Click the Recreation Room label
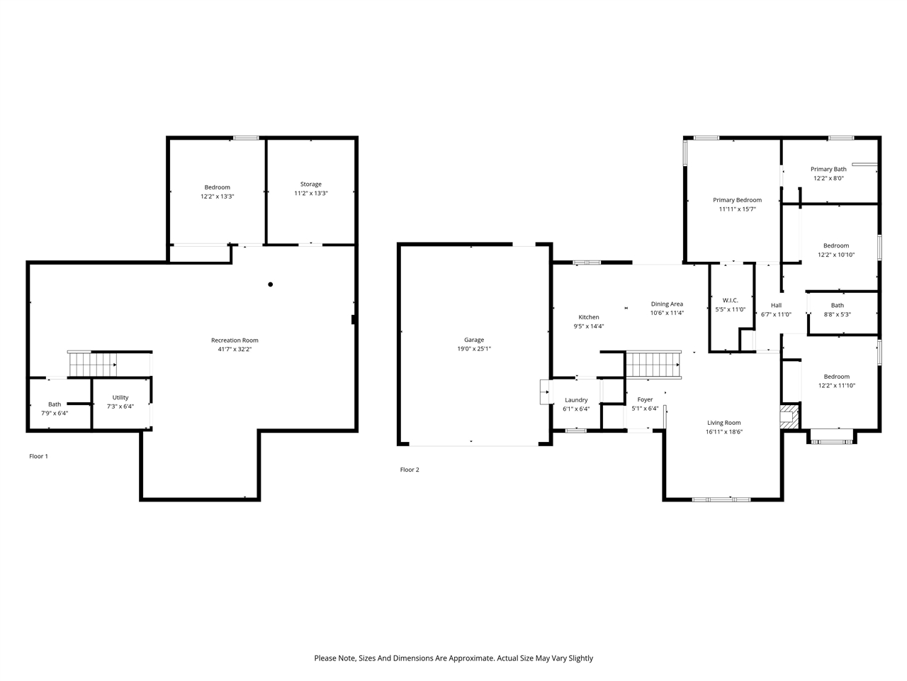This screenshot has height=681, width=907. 235,340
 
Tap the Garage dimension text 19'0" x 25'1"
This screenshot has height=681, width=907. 474,349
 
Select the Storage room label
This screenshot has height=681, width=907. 310,184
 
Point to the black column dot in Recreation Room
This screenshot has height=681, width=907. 270,284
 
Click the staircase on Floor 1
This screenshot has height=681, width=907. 92,365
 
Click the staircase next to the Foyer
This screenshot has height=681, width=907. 653,365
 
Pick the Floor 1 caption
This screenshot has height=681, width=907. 38,456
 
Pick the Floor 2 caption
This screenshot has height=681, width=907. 410,470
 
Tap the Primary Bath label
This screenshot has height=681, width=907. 828,170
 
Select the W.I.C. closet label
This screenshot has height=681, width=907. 730,300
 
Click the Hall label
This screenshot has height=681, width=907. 776,305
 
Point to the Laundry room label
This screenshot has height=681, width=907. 576,400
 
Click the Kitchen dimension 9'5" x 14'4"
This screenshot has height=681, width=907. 589,326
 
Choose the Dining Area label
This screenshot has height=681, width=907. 667,304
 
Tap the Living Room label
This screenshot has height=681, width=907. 723,423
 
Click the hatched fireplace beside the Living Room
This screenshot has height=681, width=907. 789,417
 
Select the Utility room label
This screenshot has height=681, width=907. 120,397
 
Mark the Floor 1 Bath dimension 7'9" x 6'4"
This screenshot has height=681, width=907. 55,413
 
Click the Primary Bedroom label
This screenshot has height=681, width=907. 737,200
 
